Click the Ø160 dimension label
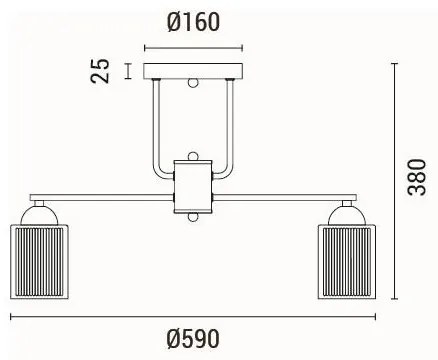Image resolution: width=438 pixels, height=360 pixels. tap(194, 21)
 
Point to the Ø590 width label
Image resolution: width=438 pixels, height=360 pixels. tap(193, 339)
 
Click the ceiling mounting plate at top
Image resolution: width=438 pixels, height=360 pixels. tap(194, 73)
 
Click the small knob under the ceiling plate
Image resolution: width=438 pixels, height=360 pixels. tap(194, 86)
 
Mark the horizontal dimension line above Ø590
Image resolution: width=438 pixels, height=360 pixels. tap(193, 317)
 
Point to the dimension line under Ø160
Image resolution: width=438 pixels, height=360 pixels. tap(194, 46)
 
